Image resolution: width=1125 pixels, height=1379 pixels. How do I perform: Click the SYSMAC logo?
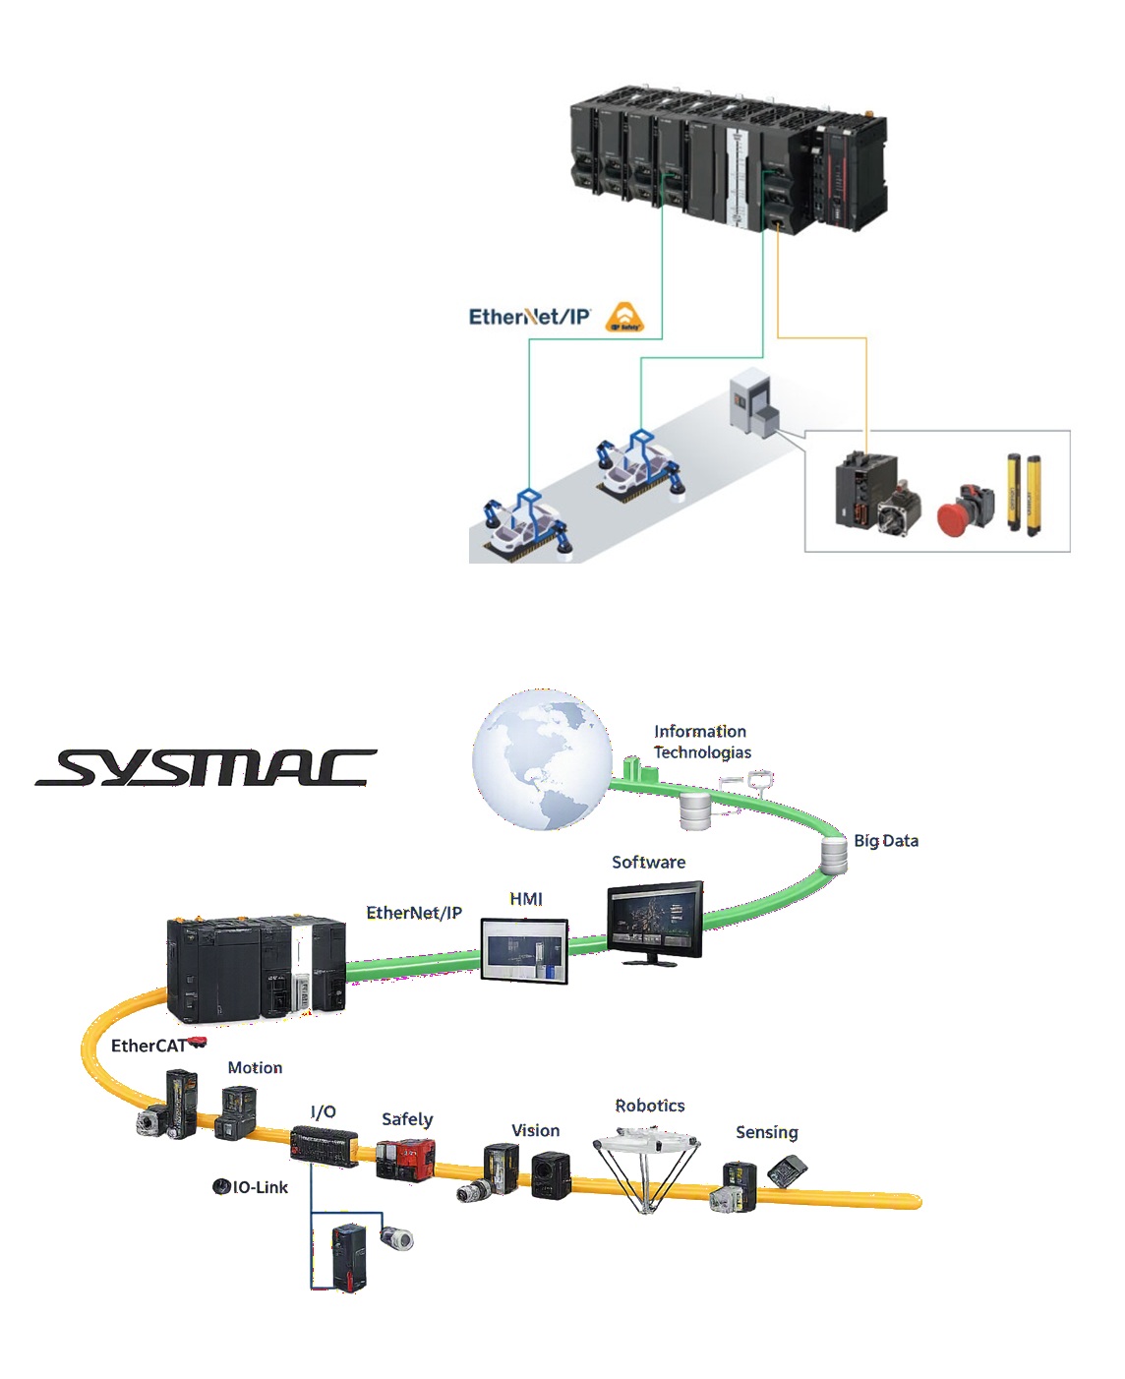tap(207, 767)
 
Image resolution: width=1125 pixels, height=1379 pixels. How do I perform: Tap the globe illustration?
tap(542, 759)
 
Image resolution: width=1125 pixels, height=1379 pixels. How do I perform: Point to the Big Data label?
tap(886, 841)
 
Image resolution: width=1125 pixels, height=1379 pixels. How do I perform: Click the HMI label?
tap(525, 899)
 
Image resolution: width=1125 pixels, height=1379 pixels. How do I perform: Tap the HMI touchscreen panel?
tap(524, 951)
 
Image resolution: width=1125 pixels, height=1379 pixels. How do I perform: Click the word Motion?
tap(255, 1068)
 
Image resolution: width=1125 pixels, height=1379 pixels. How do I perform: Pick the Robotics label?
tap(650, 1106)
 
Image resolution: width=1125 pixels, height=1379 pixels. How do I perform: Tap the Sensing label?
tap(767, 1132)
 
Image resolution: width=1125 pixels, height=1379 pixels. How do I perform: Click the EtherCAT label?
tap(149, 1047)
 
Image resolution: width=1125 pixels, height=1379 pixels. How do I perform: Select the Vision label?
tap(535, 1130)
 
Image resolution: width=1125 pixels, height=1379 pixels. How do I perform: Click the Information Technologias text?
tap(702, 743)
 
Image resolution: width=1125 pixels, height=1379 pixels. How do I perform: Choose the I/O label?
tap(323, 1111)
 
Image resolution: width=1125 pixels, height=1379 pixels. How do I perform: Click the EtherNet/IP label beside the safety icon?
tap(529, 317)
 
